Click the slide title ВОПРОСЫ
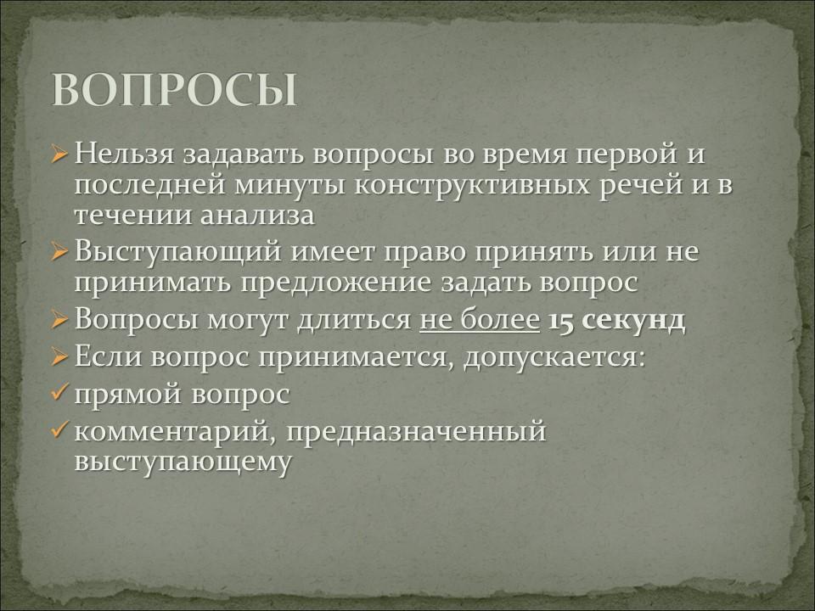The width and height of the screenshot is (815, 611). click(175, 90)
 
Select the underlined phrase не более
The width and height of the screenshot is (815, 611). click(479, 320)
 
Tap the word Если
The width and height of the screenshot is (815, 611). click(110, 357)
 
